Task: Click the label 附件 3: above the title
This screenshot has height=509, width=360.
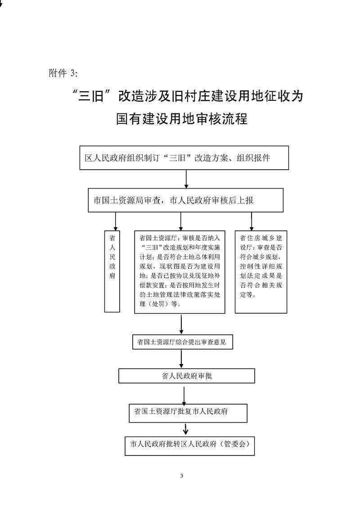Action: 63,73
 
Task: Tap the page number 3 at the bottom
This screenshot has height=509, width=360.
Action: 181,476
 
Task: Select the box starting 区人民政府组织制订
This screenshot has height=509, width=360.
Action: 184,158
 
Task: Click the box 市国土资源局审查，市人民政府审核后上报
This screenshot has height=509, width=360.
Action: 186,200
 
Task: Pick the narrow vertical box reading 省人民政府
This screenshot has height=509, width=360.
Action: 112,271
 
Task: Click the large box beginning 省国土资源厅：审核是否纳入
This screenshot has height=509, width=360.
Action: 180,272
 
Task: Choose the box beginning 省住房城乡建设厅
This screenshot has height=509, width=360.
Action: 261,272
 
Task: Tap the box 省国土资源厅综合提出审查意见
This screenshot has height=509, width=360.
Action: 182,342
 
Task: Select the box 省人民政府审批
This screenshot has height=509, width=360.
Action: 187,376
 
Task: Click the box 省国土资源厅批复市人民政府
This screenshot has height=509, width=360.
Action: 188,413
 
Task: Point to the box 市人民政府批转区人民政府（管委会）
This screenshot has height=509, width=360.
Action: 189,446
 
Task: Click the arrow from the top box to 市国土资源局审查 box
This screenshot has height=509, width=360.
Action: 186,179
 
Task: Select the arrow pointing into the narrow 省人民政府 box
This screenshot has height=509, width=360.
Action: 116,221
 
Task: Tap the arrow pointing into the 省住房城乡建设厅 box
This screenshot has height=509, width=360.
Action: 252,221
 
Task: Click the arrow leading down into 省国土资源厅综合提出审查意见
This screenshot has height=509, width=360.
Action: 181,324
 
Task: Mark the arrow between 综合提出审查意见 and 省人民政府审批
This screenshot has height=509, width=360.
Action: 181,359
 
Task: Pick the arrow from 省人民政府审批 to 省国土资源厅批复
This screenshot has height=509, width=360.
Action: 184,393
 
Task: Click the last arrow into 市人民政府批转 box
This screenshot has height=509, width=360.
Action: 186,429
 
